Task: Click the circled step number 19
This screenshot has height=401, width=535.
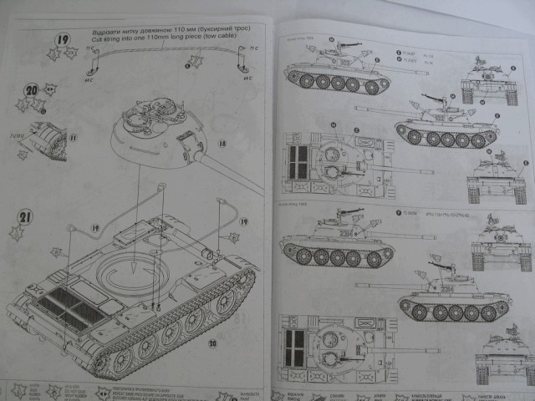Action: click(63, 39)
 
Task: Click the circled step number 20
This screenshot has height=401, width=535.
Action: click(31, 89)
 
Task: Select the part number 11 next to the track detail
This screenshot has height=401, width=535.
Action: click(72, 135)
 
